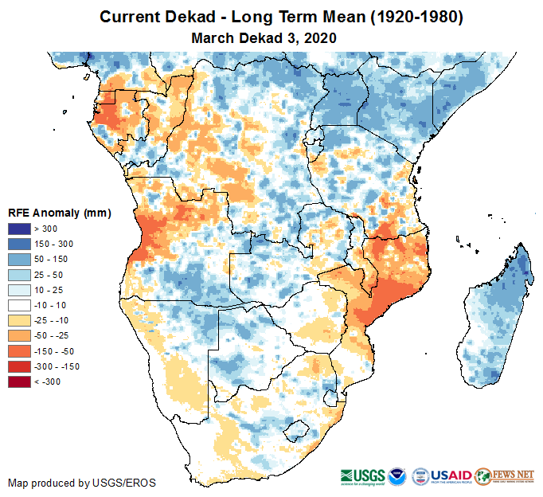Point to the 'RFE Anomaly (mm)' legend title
[59, 213]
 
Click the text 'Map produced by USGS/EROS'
[81, 483]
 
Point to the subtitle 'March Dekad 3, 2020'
[264, 37]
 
